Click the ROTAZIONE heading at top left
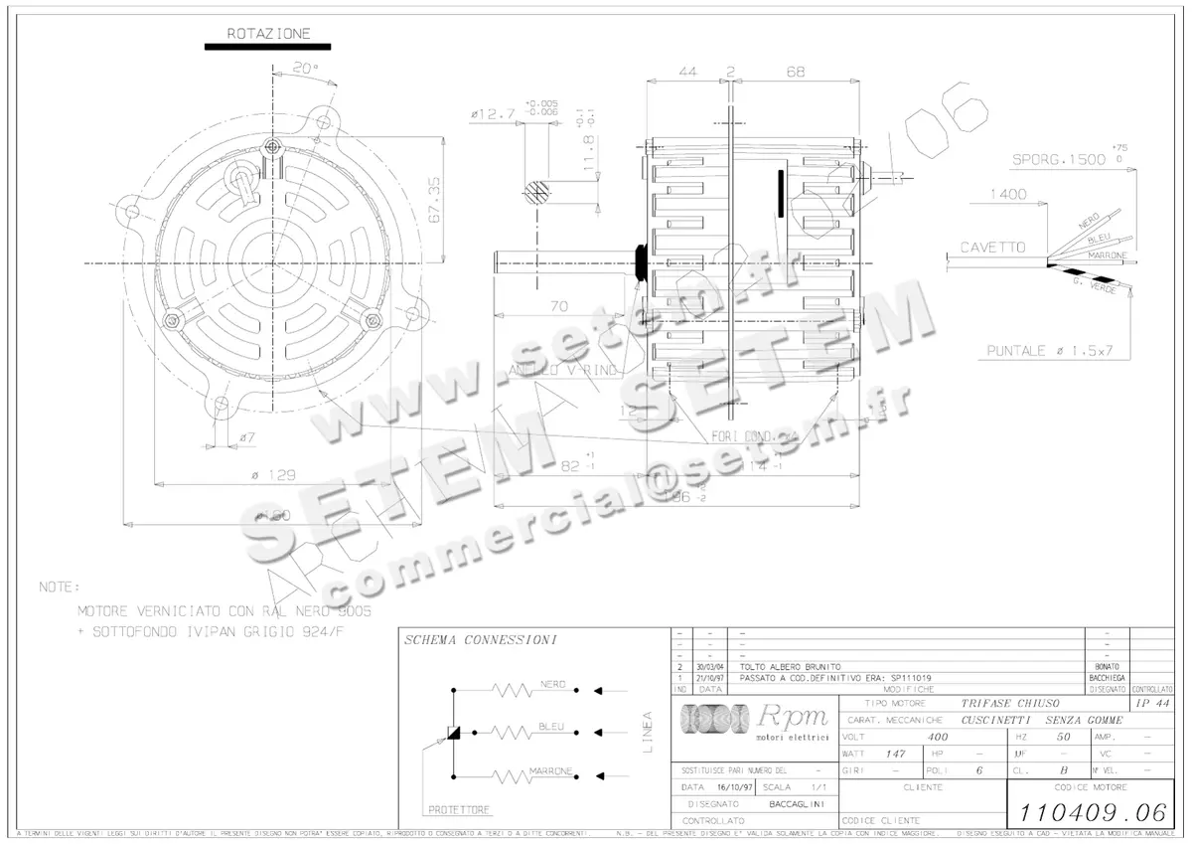click(x=268, y=33)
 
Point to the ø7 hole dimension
click(x=248, y=437)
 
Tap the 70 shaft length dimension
click(x=558, y=306)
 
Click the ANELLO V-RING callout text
click(x=562, y=370)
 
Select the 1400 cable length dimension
click(x=1007, y=195)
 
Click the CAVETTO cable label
click(x=991, y=248)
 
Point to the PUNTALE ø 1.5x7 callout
click(x=1047, y=351)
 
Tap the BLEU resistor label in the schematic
click(x=552, y=727)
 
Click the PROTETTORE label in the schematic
click(x=459, y=810)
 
